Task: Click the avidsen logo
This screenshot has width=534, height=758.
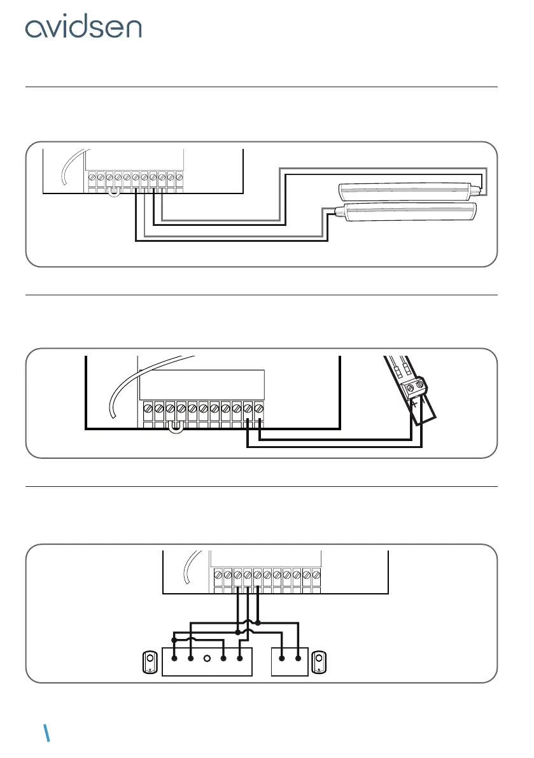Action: pos(83,28)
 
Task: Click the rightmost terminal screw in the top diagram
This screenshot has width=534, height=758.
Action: pos(179,176)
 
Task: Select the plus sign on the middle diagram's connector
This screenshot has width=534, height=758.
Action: pos(414,405)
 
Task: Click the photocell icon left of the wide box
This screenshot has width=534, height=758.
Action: pos(150,662)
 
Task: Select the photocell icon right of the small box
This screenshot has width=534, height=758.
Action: pos(320,662)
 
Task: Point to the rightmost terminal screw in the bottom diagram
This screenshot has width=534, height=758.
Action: pos(316,575)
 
